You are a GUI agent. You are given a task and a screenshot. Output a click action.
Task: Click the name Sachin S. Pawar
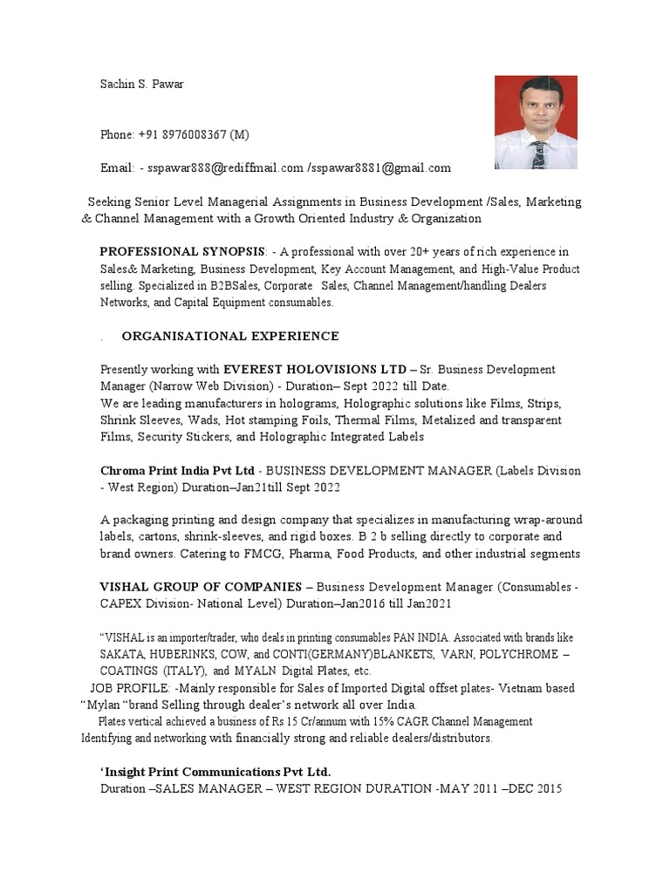[142, 85]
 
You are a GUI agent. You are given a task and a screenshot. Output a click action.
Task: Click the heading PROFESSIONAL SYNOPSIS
[180, 252]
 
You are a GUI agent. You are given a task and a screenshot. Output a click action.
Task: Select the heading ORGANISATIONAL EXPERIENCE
[230, 337]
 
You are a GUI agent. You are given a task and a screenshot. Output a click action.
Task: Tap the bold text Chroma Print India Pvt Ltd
[178, 471]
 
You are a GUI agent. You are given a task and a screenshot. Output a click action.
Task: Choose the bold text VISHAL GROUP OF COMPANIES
[202, 588]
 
